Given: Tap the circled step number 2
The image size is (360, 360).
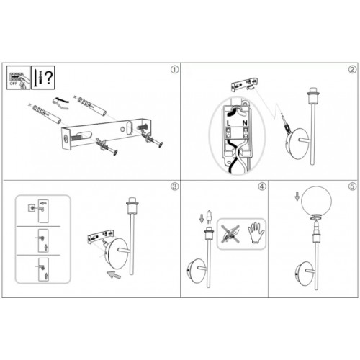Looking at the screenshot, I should pos(351,70).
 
